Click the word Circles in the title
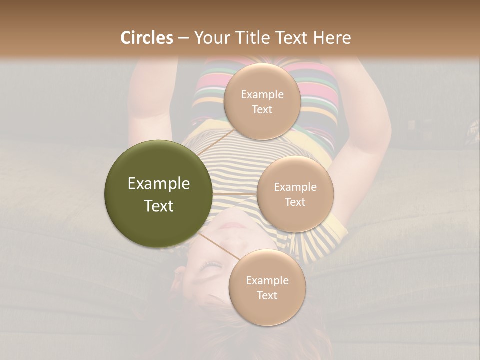(x=146, y=38)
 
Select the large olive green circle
(x=158, y=194)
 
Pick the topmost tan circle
(x=262, y=101)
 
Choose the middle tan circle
(x=295, y=194)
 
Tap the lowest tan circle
(x=267, y=287)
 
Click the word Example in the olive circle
(x=158, y=184)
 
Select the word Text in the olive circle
(x=158, y=206)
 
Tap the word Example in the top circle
(x=262, y=94)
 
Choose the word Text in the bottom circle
(x=267, y=295)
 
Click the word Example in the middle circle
(x=295, y=187)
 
